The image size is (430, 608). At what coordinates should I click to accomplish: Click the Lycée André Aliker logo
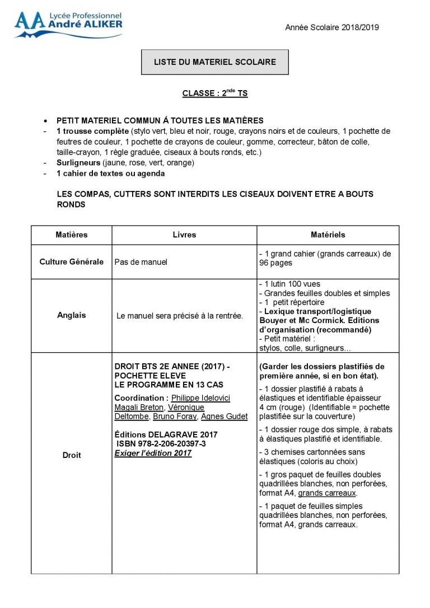point(68,25)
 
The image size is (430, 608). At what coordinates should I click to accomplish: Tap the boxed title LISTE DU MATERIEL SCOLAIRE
point(215,62)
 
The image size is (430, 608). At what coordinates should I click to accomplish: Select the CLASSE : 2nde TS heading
point(215,93)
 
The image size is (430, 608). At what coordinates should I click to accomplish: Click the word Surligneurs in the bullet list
point(78,163)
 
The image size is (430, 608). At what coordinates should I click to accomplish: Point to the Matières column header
point(72,235)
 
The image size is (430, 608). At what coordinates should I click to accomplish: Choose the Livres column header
point(184,235)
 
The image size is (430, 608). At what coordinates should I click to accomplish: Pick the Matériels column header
point(328,235)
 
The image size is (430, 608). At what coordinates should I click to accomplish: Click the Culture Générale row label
point(72,261)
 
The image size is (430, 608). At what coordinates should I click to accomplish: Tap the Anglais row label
point(72,315)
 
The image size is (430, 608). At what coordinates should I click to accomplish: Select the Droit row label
point(72,455)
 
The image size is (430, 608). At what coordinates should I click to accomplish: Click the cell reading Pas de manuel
point(141,261)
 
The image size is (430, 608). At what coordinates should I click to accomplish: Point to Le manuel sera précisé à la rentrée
point(180,316)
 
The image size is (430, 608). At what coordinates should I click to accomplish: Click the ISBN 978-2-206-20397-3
point(161,444)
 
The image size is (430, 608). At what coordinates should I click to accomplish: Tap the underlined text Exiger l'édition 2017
point(153,453)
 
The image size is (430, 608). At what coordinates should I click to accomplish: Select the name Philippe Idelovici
point(200,398)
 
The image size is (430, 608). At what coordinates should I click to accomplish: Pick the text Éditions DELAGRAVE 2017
point(166,434)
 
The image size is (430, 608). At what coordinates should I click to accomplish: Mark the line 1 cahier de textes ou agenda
point(111,174)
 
